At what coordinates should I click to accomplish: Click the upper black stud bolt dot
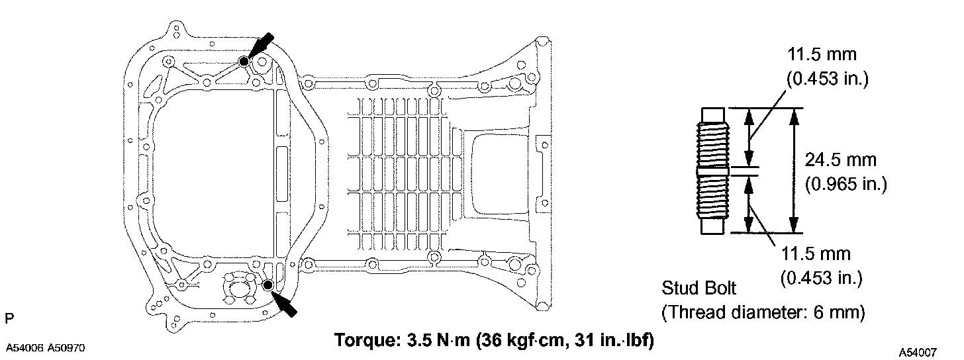click(244, 62)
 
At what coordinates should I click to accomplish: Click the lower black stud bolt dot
click(268, 285)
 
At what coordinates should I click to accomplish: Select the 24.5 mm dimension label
click(840, 160)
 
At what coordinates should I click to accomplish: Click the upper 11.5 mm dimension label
click(822, 55)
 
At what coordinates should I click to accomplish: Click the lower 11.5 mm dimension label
click(816, 253)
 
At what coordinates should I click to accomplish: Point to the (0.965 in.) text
click(846, 184)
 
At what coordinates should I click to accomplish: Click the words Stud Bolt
click(699, 288)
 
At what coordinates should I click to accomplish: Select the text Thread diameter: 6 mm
click(763, 312)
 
